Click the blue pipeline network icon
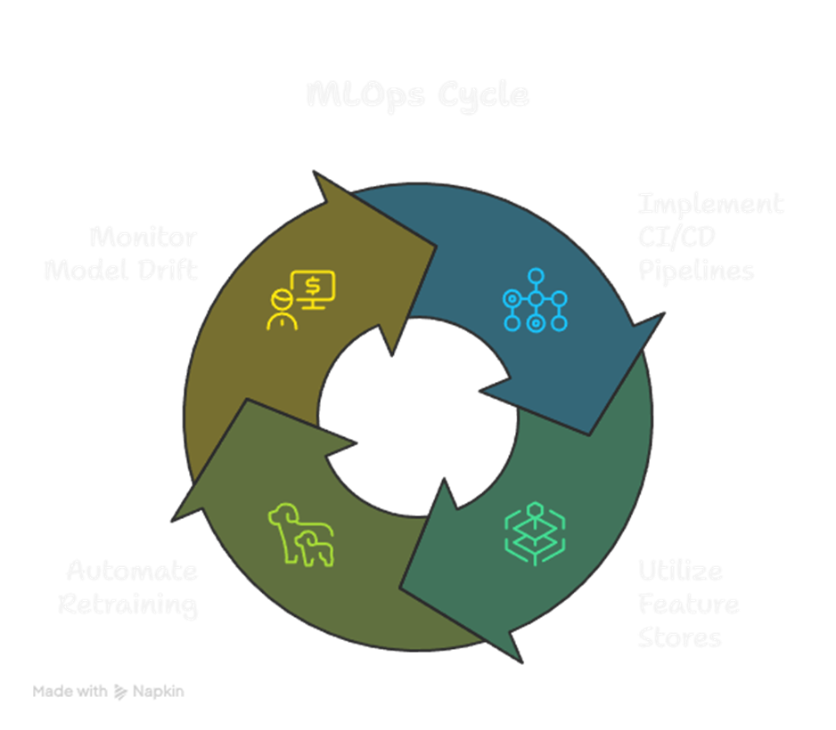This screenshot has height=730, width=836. click(x=535, y=299)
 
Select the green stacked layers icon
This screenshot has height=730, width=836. click(x=535, y=531)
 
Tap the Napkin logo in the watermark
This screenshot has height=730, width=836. click(x=120, y=691)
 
